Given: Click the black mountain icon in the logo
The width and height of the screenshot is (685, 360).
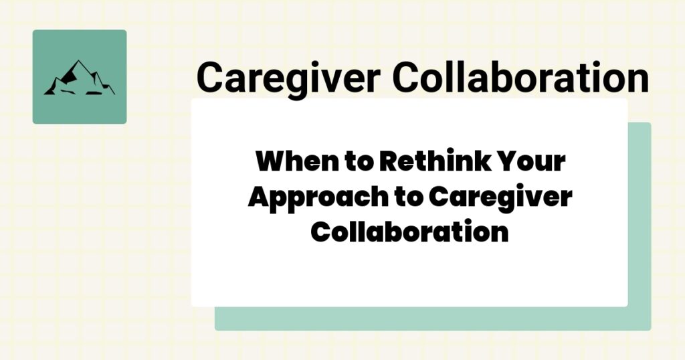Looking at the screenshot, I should (79, 78).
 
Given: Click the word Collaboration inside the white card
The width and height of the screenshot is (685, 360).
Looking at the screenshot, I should (410, 232).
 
